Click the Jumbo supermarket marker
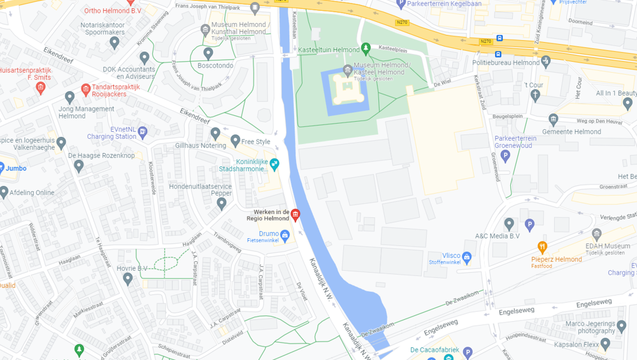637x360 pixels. coord(2,168)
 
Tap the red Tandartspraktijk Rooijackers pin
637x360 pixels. coord(86,89)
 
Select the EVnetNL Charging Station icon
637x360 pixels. coord(143,132)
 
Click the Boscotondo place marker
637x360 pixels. coord(208,54)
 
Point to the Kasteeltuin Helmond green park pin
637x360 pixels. coord(366,48)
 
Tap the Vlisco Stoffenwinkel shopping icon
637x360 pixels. coord(467,257)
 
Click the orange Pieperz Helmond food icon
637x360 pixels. coord(543,247)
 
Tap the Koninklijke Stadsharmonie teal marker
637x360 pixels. coord(275,164)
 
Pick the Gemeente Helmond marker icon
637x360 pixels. coord(553,120)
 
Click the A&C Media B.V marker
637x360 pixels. coord(509,224)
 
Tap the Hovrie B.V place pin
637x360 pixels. coord(128,278)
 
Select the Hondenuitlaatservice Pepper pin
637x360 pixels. coord(222,204)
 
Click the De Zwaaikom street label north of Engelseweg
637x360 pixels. coord(462,296)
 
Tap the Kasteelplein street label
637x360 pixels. coord(393,48)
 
